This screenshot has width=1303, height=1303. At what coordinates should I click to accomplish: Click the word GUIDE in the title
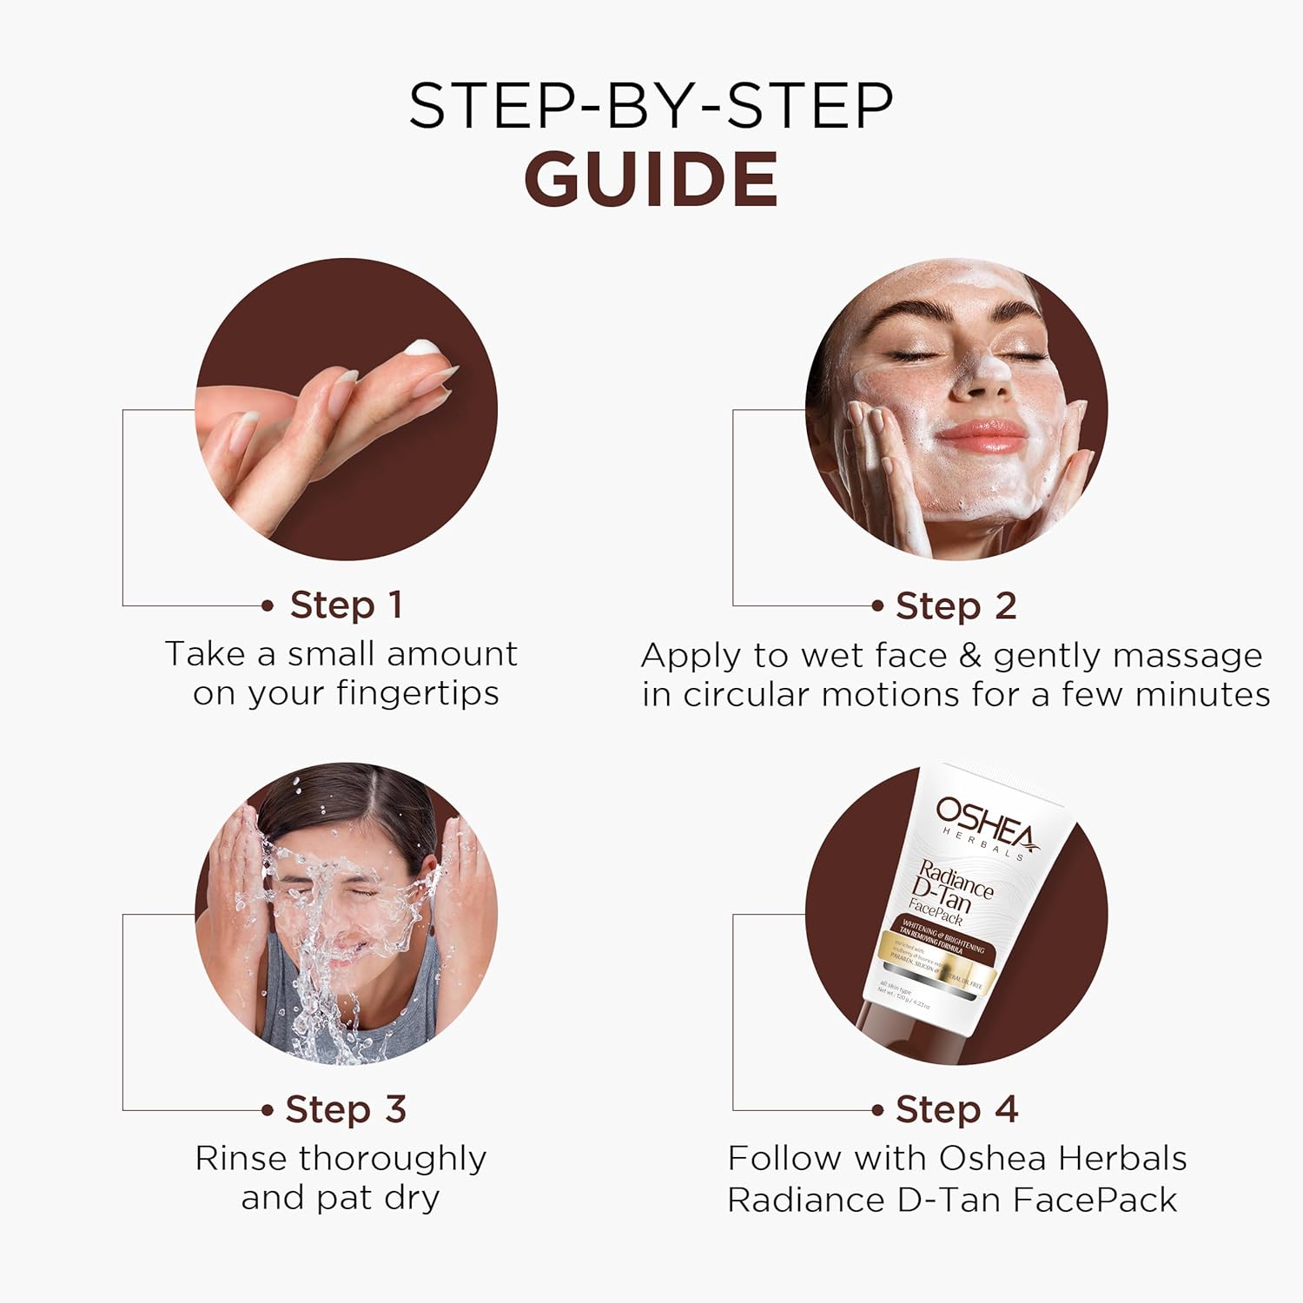651,179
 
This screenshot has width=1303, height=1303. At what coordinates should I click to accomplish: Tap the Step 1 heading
346,605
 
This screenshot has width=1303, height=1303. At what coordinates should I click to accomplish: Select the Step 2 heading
956,605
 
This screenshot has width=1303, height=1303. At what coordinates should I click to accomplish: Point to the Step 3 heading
346,1109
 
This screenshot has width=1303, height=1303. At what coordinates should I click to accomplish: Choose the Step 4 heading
956,1109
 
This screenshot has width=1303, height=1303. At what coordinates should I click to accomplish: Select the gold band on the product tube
934,960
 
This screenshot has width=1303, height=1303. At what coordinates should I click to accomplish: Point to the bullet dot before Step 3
268,1109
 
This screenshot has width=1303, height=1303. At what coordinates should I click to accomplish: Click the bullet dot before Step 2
878,605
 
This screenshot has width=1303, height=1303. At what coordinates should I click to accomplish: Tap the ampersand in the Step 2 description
969,656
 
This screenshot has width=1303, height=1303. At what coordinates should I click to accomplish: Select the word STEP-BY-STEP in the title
651,106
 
